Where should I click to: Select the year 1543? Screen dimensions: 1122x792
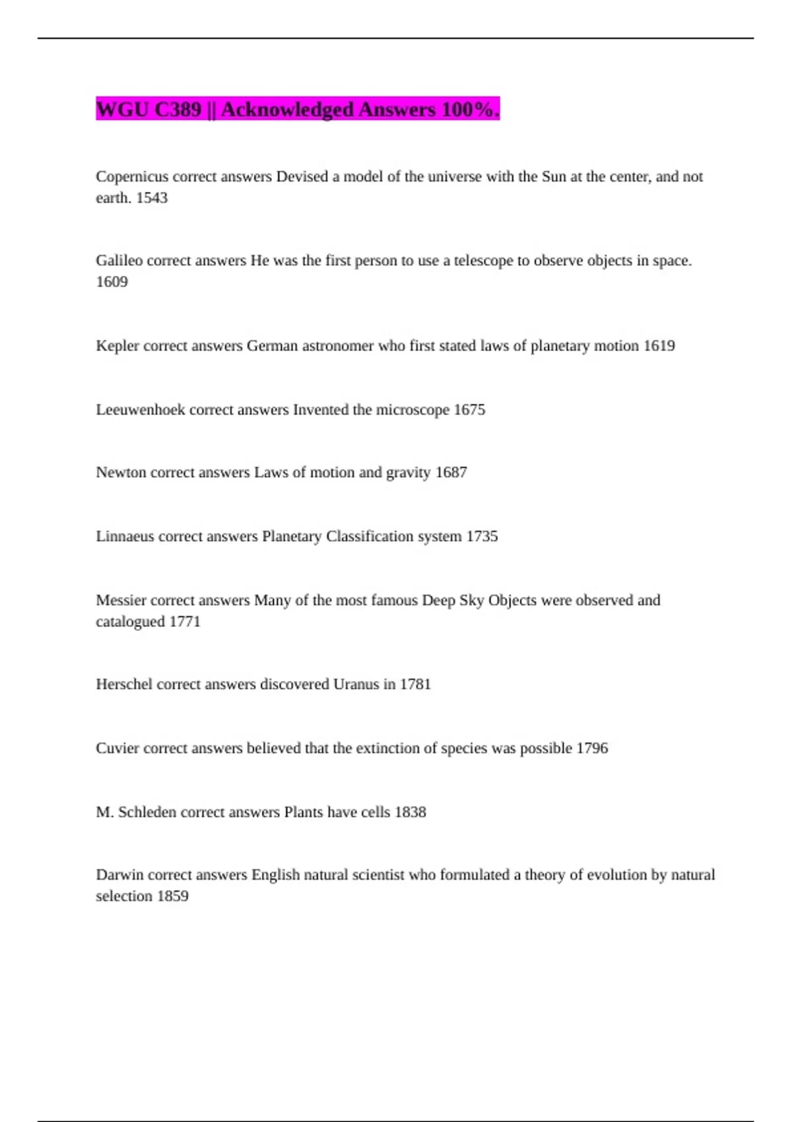pyautogui.click(x=152, y=198)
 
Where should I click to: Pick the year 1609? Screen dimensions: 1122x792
pyautogui.click(x=112, y=282)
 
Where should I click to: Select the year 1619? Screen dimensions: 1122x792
pyautogui.click(x=659, y=346)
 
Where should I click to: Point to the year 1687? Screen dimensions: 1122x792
pyautogui.click(x=451, y=473)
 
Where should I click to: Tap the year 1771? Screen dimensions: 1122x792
pyautogui.click(x=185, y=622)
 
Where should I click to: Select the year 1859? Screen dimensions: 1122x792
pyautogui.click(x=172, y=896)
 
